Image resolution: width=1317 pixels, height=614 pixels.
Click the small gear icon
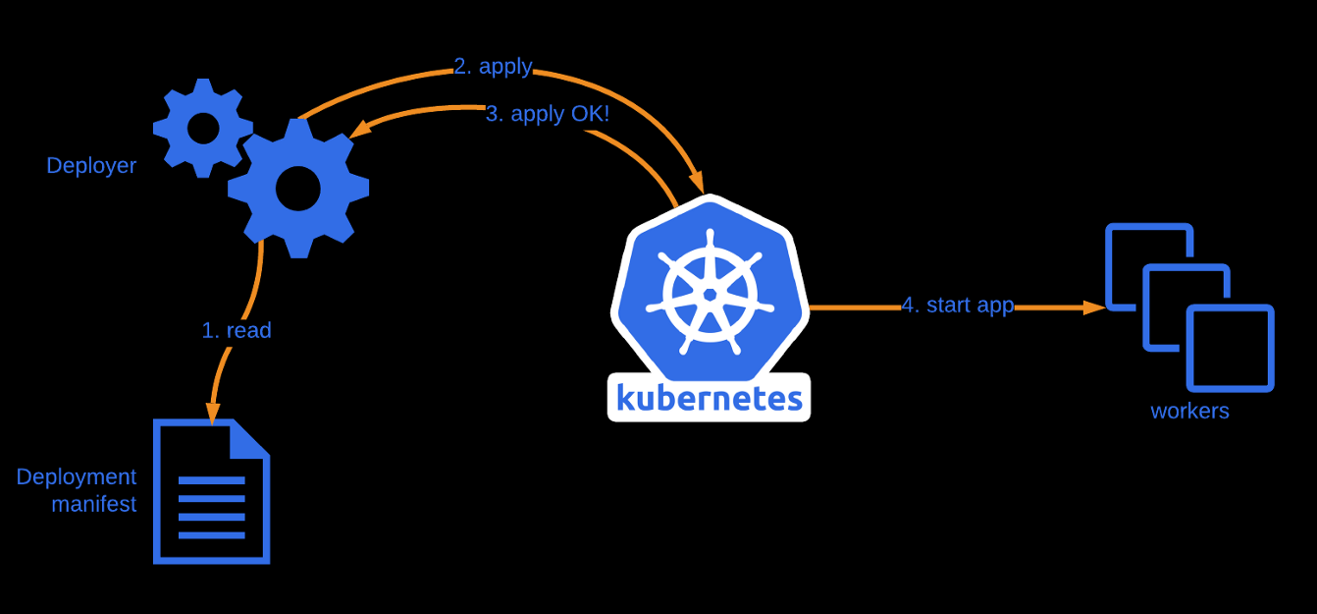point(202,128)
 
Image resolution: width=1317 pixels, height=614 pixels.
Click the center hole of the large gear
point(297,189)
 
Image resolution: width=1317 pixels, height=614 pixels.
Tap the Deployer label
point(91,165)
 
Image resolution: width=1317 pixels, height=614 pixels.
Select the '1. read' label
point(237,330)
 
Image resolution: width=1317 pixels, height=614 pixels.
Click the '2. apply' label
point(493,67)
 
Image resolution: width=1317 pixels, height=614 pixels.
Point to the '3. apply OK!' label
point(548,114)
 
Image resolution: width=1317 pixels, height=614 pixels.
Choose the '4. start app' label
point(957,305)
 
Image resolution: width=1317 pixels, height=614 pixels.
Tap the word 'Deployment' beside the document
point(77,476)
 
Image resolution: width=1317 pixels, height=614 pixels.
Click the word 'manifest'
point(94,505)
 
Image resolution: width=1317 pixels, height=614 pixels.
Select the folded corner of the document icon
point(251,438)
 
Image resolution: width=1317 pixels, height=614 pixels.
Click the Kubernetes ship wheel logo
point(710,293)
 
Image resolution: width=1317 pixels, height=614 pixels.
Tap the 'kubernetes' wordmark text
point(709,398)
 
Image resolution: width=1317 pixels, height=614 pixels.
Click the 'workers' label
point(1189,411)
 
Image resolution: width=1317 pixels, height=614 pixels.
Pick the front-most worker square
point(1230,349)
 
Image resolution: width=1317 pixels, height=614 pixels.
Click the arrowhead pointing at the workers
point(1095,307)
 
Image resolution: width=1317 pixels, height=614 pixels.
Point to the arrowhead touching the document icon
point(211,414)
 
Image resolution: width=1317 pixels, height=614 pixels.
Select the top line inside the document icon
point(211,480)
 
